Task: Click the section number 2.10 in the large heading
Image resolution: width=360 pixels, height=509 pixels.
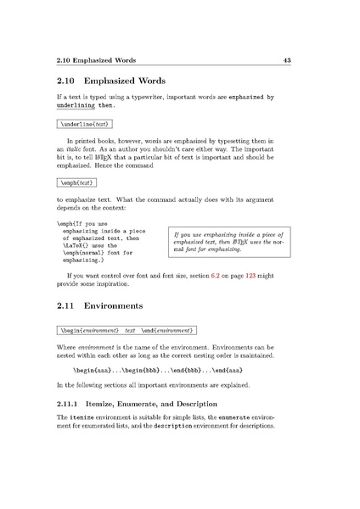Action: (x=68, y=82)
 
